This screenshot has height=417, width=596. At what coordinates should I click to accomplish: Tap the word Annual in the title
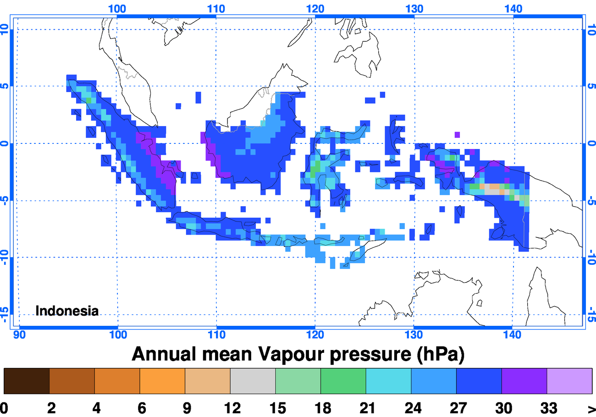(166, 354)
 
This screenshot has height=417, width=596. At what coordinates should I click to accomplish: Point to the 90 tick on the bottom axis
(19, 335)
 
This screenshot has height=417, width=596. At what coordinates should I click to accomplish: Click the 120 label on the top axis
(315, 8)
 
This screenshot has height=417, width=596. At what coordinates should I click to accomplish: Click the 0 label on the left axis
(6, 143)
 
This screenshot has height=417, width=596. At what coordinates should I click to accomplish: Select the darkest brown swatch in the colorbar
(26, 381)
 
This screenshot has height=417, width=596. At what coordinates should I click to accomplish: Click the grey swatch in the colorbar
(253, 381)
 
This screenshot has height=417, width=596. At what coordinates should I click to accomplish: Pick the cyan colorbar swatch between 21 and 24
(388, 381)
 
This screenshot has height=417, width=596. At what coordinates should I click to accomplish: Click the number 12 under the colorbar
(230, 408)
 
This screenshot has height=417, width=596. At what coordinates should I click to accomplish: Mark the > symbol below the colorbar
(591, 408)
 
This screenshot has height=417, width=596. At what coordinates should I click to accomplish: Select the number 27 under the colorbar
(457, 408)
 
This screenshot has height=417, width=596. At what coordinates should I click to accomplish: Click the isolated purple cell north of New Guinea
(457, 134)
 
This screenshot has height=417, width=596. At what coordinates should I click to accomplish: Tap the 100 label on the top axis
(118, 8)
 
